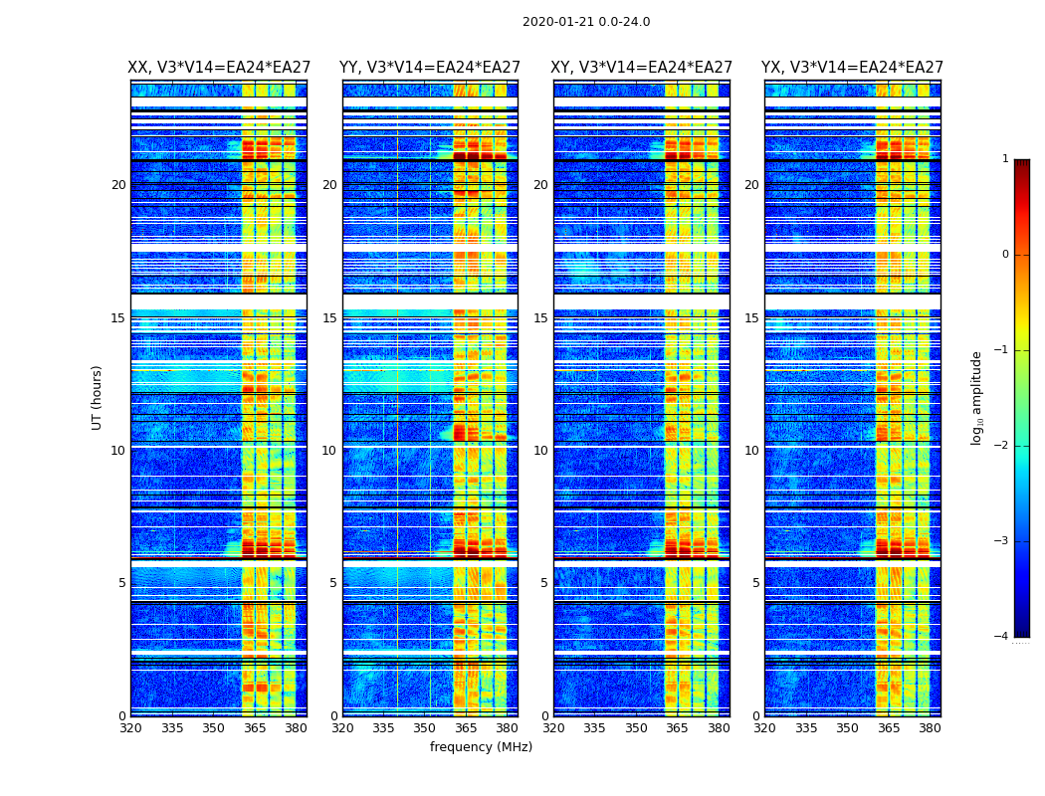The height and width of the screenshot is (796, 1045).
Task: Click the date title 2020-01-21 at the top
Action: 585,22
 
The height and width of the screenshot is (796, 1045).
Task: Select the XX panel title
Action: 219,68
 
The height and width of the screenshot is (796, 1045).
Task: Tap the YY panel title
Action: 430,68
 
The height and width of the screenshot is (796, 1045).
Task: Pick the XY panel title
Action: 641,68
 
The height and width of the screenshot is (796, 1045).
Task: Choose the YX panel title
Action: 852,68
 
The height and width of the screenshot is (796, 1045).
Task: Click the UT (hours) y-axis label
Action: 98,397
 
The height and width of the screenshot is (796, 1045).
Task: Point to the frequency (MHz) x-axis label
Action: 481,747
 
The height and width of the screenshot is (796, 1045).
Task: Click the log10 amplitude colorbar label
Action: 977,397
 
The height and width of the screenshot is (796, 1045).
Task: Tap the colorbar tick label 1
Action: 1005,159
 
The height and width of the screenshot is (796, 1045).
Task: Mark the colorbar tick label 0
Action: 1005,255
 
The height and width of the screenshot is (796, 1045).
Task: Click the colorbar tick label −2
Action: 1002,446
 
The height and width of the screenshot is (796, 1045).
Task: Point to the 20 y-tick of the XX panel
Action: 118,185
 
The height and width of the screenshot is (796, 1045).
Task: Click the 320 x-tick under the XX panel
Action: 130,728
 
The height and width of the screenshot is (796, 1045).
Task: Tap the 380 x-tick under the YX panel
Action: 930,728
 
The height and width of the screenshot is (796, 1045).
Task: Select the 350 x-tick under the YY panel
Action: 425,728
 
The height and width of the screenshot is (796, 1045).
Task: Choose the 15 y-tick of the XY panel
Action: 540,318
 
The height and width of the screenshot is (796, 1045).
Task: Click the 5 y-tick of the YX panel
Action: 755,583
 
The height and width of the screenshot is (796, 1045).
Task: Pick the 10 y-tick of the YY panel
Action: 329,451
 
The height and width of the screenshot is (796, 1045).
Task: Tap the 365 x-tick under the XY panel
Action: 677,728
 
